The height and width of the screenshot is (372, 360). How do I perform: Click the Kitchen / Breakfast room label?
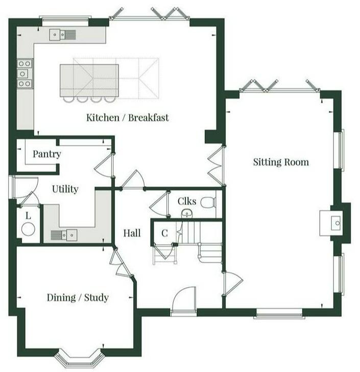pyautogui.click(x=127, y=118)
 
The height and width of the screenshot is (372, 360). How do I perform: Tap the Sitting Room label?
pyautogui.click(x=281, y=162)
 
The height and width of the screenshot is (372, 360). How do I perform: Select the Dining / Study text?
pyautogui.click(x=78, y=297)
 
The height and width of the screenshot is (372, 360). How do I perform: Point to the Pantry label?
pyautogui.click(x=46, y=154)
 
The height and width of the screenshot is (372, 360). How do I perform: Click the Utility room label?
pyautogui.click(x=65, y=189)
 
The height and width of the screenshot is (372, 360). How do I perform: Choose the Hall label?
pyautogui.click(x=132, y=233)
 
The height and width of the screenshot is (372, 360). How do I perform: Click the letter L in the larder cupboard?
pyautogui.click(x=28, y=216)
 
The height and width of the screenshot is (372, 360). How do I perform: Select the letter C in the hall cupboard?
pyautogui.click(x=164, y=233)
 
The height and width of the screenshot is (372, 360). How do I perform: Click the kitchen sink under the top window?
pyautogui.click(x=62, y=35)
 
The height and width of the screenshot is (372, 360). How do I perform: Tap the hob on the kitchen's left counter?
pyautogui.click(x=25, y=74)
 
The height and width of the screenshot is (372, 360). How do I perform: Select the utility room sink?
pyautogui.click(x=64, y=235)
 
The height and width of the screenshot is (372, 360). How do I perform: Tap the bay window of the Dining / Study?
pyautogui.click(x=79, y=358)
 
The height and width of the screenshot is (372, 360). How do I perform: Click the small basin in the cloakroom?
pyautogui.click(x=187, y=213)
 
